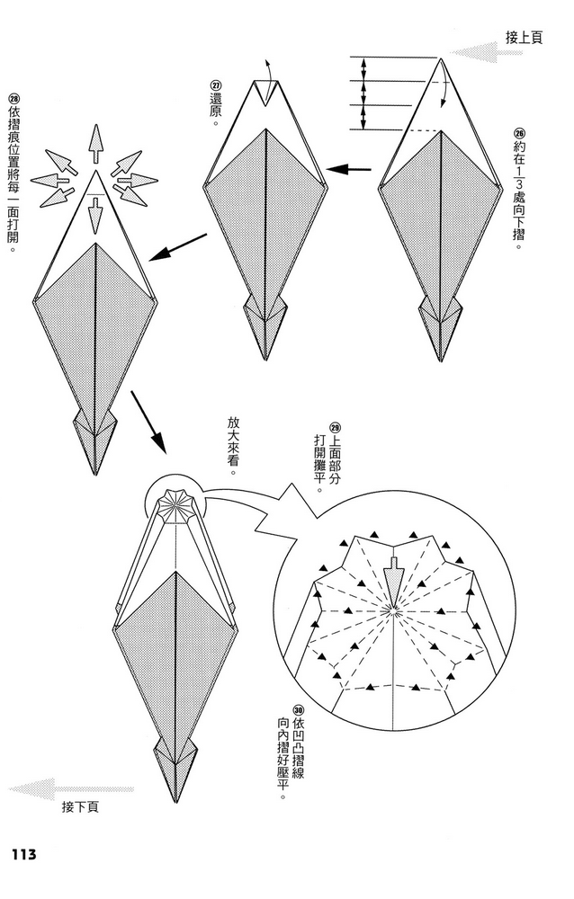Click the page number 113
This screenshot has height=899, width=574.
[x=23, y=854]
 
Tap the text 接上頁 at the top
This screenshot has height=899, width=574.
[x=524, y=38]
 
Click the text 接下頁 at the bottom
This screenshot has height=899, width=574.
[x=80, y=806]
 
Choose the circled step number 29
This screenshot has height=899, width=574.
[x=336, y=428]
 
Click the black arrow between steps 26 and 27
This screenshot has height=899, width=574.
[x=348, y=169]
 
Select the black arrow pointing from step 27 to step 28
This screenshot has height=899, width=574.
[x=177, y=248]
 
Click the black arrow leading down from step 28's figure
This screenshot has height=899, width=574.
[x=148, y=423]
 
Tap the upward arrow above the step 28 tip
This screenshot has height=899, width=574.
[x=96, y=145]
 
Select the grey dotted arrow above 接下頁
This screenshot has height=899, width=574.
[x=72, y=789]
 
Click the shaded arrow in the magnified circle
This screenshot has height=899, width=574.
[x=394, y=578]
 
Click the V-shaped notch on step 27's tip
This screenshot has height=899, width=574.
[x=265, y=93]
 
